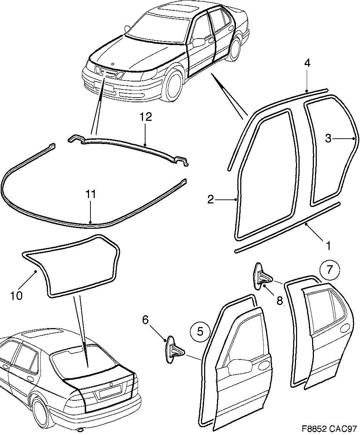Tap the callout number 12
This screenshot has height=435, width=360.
point(146,117)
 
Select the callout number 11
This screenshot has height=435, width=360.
point(91,194)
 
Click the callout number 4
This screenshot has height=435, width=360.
point(307,64)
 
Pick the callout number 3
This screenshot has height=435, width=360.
point(329,138)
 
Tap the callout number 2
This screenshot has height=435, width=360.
point(211,199)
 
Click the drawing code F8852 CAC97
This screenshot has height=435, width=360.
point(329,428)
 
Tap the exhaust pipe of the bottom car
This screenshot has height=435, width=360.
point(81,429)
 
